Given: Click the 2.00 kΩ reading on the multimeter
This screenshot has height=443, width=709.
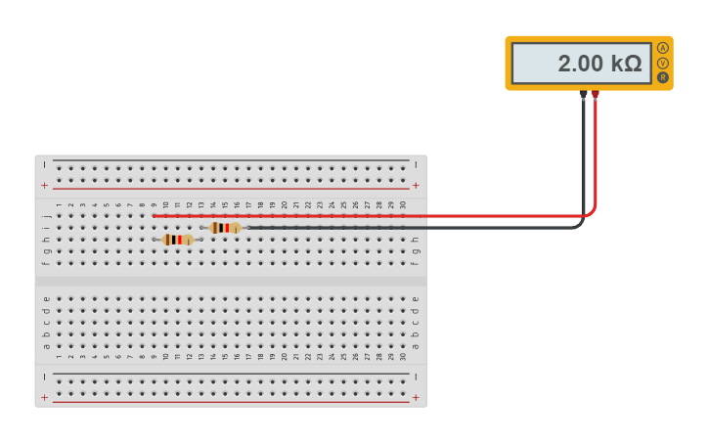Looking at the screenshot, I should [598, 64].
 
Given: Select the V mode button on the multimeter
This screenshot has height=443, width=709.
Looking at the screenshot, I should [663, 63].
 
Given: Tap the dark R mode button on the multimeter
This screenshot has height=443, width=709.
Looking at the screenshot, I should [663, 77].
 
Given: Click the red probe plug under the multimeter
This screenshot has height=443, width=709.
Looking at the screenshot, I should [595, 95].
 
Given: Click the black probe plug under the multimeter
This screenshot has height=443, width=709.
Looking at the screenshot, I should [583, 95].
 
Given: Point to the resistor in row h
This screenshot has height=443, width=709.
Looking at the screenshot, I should [177, 240].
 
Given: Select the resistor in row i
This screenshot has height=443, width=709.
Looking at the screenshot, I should [225, 228].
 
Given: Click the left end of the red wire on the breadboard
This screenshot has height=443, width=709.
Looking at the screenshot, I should [154, 215].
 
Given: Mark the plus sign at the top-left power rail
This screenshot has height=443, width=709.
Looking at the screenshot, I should [44, 185].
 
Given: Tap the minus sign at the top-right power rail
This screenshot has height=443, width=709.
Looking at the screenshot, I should [417, 164].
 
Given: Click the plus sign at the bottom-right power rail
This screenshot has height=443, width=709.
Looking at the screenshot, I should [417, 397].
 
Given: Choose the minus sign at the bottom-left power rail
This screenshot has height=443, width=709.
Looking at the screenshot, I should [44, 377].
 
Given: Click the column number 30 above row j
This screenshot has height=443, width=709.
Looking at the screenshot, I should [403, 205].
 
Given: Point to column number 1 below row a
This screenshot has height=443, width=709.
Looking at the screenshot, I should [59, 357].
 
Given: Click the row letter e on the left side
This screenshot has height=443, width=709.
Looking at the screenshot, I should [46, 299].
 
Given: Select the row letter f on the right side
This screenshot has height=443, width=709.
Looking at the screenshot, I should [416, 262].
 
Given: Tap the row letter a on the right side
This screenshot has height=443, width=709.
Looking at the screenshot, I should [416, 346].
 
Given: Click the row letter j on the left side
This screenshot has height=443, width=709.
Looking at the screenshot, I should [46, 215].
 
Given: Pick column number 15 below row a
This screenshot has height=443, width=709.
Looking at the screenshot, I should [225, 357].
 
